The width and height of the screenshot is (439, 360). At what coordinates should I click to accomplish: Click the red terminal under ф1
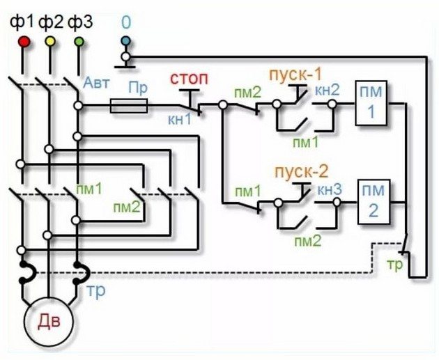click(23, 42)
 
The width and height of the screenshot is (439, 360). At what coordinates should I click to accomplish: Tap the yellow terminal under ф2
click(49, 42)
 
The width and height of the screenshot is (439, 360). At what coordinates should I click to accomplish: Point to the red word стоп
click(187, 76)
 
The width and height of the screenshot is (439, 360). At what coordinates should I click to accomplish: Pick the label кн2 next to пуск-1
click(329, 88)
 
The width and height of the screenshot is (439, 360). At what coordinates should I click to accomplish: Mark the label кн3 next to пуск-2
click(329, 188)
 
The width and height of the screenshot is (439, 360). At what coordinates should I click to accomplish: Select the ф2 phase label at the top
click(51, 22)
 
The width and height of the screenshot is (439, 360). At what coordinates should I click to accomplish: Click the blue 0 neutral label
click(125, 22)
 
